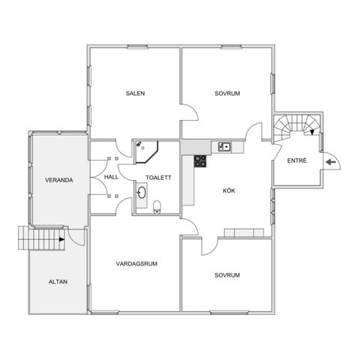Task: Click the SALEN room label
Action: tap(135, 94)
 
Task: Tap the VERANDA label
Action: tap(59, 180)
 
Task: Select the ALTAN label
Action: tap(58, 282)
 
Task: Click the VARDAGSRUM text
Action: tap(136, 264)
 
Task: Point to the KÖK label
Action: tap(229, 190)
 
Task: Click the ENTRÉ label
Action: tap(297, 160)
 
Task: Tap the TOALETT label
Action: tap(159, 178)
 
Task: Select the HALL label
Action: tap(111, 177)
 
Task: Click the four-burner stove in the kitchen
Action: tap(200, 161)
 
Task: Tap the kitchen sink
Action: tap(224, 147)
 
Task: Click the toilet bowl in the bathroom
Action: tap(157, 207)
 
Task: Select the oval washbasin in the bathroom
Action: tap(142, 193)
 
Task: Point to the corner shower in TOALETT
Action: tap(147, 151)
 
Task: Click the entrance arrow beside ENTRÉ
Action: tap(331, 162)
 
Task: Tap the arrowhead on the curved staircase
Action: tap(312, 132)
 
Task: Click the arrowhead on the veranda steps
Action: tap(61, 239)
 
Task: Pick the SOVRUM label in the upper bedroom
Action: tap(227, 94)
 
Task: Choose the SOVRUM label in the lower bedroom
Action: tap(227, 275)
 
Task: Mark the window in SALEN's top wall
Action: tap(137, 46)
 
